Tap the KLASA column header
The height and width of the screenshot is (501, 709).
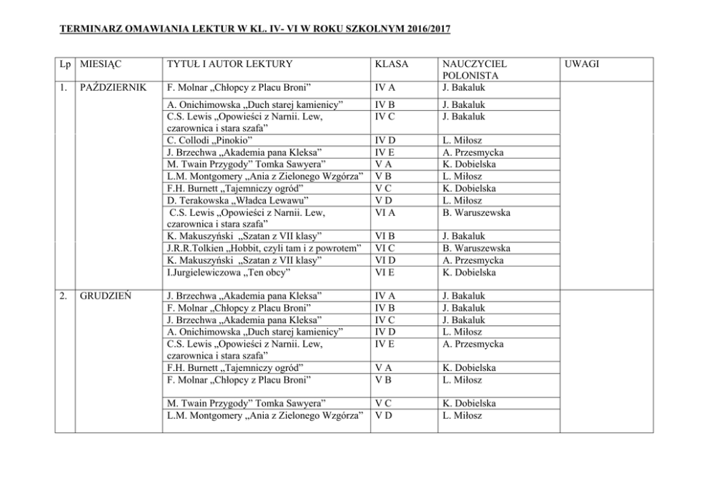click(x=392, y=64)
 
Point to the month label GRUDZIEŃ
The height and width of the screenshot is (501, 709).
click(x=106, y=295)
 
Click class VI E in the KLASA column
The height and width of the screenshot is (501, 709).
click(x=385, y=272)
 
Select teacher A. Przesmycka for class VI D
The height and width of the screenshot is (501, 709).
click(x=473, y=260)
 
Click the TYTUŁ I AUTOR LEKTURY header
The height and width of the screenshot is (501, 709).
click(x=229, y=64)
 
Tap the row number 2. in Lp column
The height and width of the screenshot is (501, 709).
click(x=64, y=295)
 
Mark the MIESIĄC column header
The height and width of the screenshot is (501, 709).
click(x=101, y=64)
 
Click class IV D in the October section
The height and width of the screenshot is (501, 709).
click(x=385, y=140)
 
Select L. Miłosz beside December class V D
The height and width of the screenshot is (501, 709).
click(x=462, y=415)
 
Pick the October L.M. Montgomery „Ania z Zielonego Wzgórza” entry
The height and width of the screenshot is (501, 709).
click(x=264, y=177)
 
